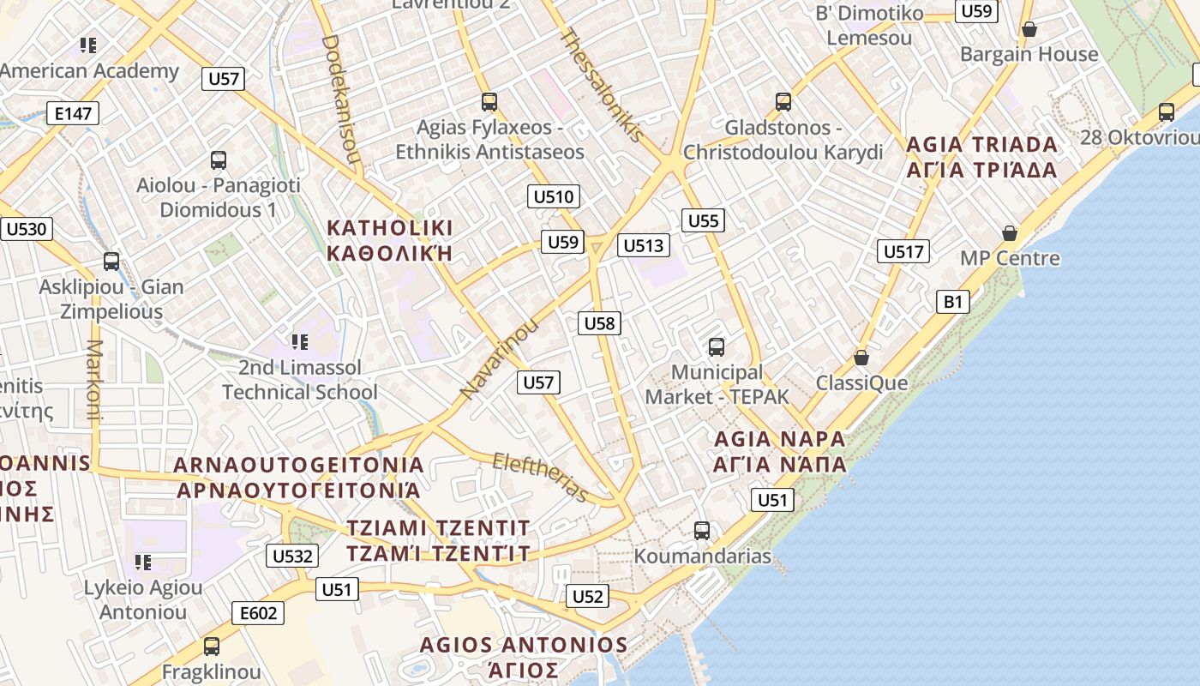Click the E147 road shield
point(73,113)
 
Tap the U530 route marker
point(27,229)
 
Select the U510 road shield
point(554,196)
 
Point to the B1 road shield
point(953,301)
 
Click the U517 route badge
point(903,251)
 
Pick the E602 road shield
point(258,612)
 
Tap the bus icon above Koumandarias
point(702,531)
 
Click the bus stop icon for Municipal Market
point(717,347)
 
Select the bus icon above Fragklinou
point(211,647)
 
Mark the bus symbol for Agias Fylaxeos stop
point(489,102)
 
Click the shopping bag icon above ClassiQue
point(861,358)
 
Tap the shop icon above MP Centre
point(1010,233)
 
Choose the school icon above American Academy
point(87,45)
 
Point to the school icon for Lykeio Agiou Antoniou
point(143,563)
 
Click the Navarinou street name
point(500,358)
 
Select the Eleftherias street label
point(541,477)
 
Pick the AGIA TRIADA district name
point(982,144)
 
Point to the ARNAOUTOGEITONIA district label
point(299,465)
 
